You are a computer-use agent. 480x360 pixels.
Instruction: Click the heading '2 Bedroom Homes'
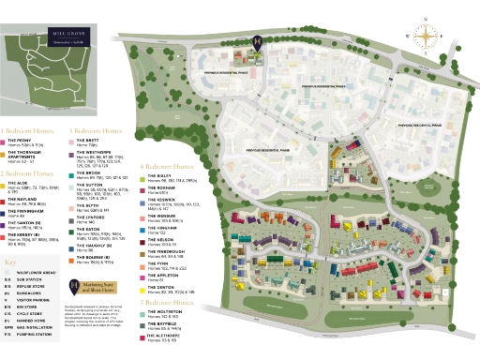click(27, 173)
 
